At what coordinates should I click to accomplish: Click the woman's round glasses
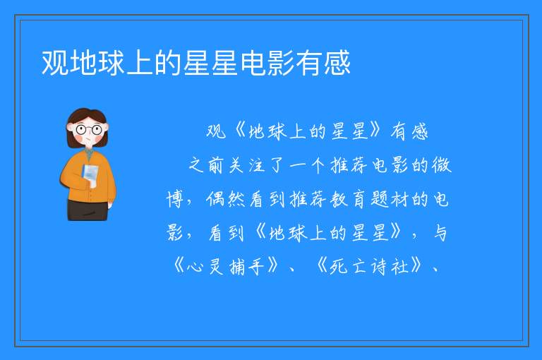click(89, 130)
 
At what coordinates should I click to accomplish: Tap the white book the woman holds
click(90, 175)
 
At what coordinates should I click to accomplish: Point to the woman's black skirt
click(88, 210)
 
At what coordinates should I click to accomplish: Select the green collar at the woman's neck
click(89, 152)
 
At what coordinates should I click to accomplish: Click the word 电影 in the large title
click(267, 64)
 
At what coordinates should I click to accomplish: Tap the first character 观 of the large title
click(55, 64)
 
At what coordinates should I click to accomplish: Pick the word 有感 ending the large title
click(323, 64)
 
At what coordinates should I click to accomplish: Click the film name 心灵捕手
click(226, 266)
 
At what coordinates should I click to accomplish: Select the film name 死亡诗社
click(369, 266)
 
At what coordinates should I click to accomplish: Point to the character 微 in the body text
click(441, 164)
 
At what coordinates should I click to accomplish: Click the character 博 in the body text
click(174, 199)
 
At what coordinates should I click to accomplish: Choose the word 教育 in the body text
click(348, 199)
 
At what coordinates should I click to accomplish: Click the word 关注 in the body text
click(246, 164)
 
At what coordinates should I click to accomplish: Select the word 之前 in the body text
click(206, 164)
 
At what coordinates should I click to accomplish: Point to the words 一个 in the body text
click(307, 164)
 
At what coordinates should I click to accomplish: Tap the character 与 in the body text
click(440, 233)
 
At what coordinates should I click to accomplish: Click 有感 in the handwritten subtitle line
click(409, 131)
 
